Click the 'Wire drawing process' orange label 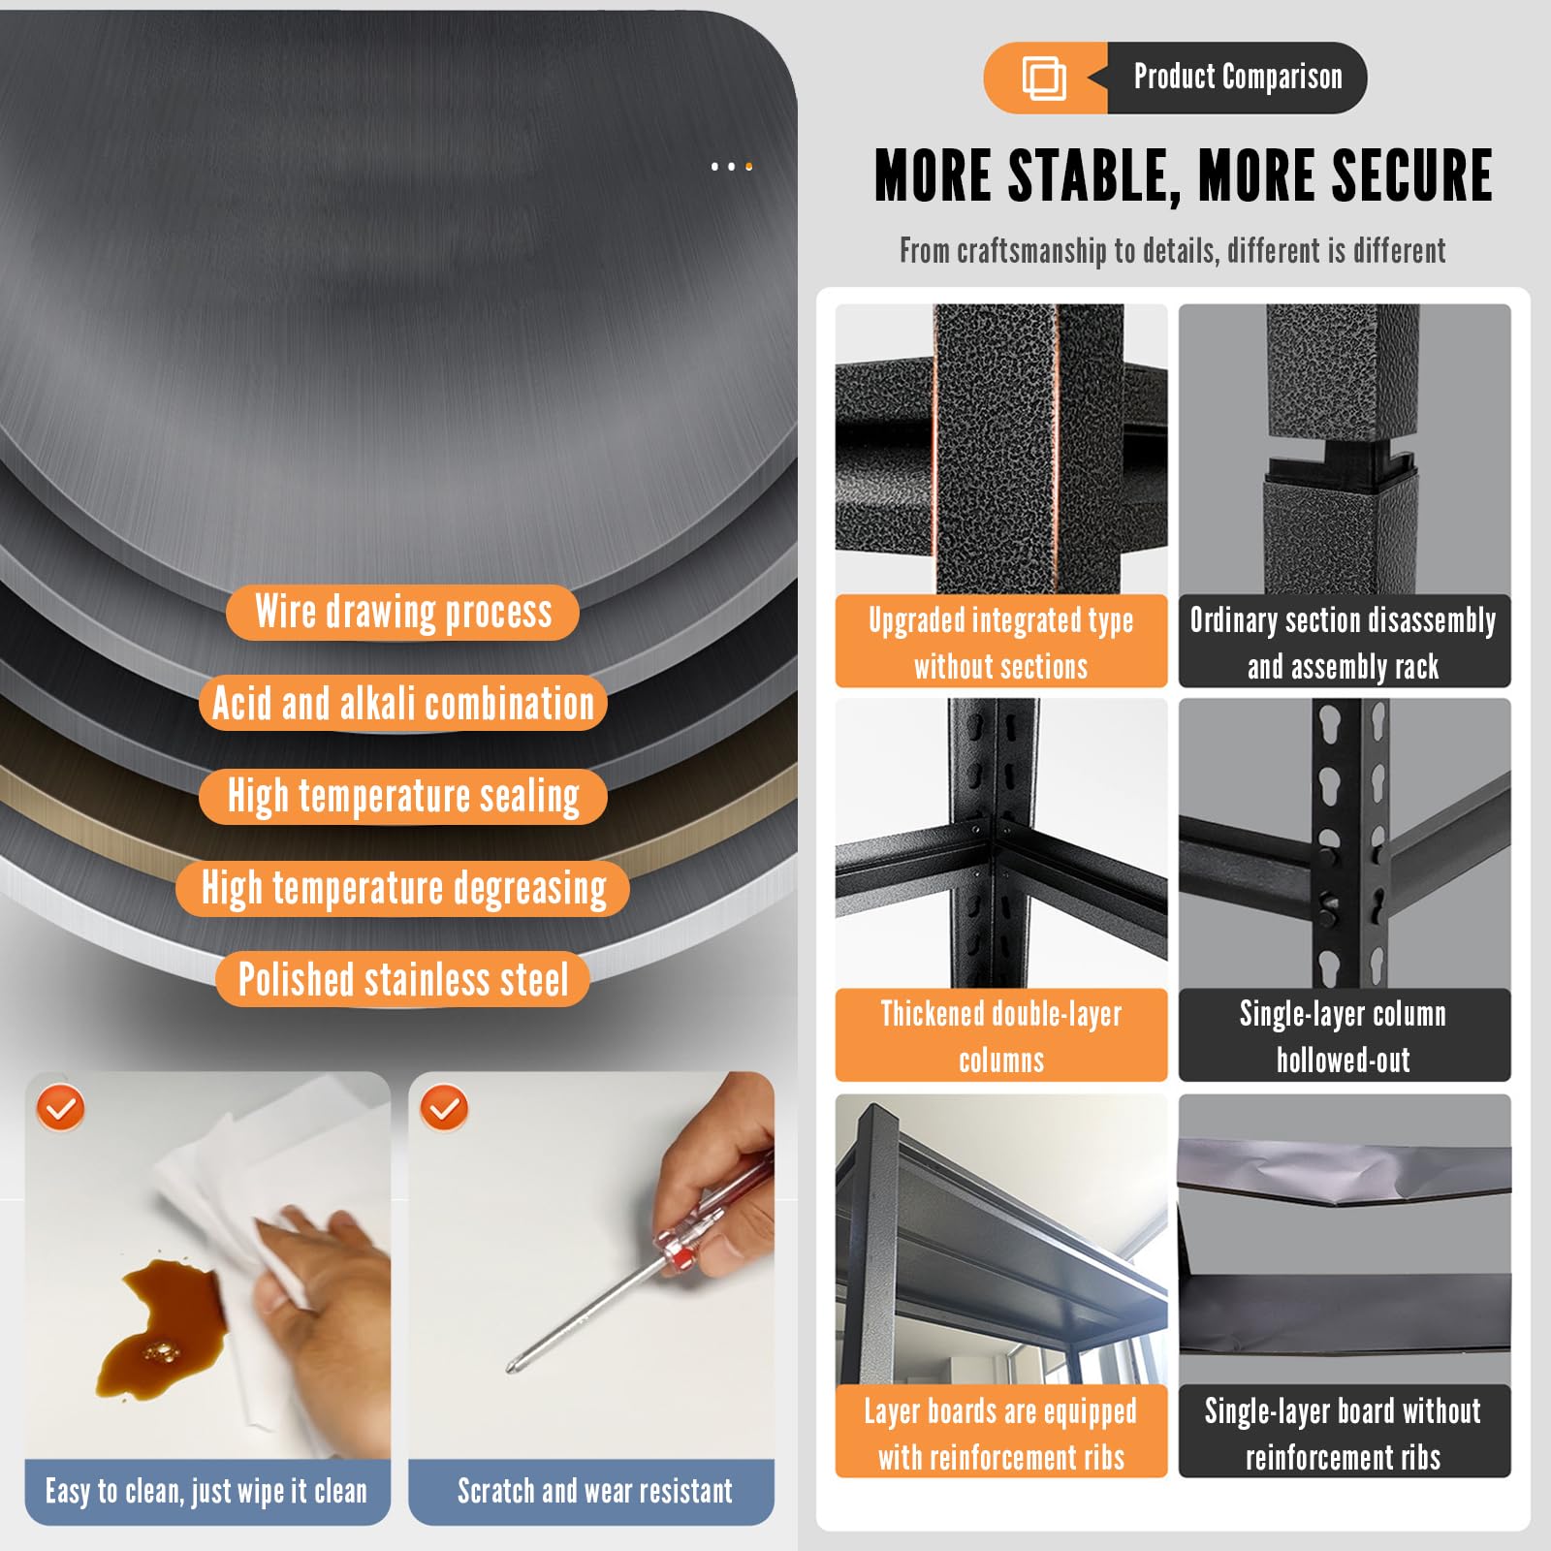pyautogui.click(x=402, y=613)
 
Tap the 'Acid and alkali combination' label pyautogui.click(x=403, y=704)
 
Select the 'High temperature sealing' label pyautogui.click(x=403, y=796)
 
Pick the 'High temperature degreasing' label pyautogui.click(x=403, y=888)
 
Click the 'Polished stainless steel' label pyautogui.click(x=403, y=979)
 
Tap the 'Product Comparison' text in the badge pyautogui.click(x=1238, y=77)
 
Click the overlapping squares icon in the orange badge pyautogui.click(x=1044, y=78)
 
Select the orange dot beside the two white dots pyautogui.click(x=748, y=167)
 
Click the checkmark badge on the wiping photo pyautogui.click(x=61, y=1108)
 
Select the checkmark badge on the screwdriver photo pyautogui.click(x=445, y=1108)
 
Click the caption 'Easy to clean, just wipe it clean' pyautogui.click(x=206, y=1491)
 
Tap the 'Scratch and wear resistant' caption pyautogui.click(x=594, y=1491)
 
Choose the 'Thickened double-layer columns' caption pyautogui.click(x=1001, y=1036)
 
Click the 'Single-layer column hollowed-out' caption pyautogui.click(x=1344, y=1036)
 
